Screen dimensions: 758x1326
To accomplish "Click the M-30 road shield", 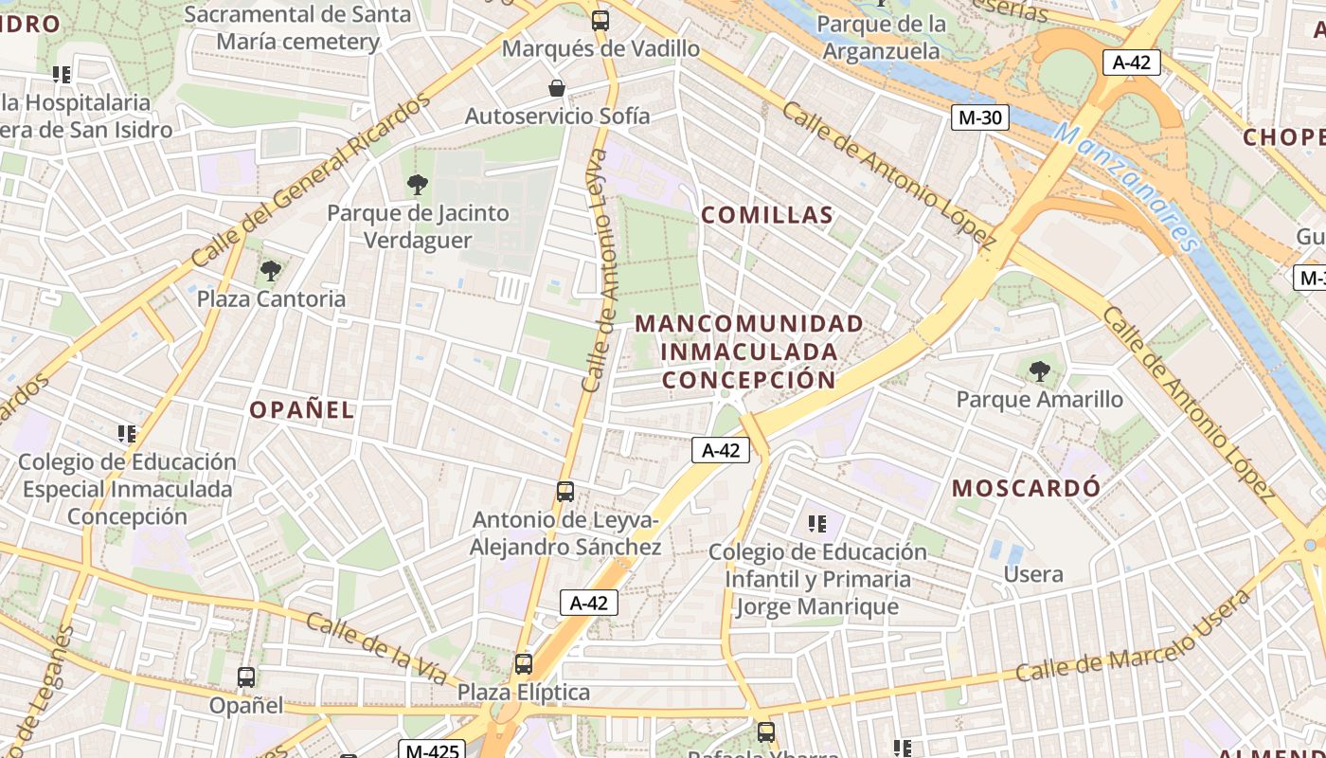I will coord(980,117).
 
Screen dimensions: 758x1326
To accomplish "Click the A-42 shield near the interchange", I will coord(1132,63).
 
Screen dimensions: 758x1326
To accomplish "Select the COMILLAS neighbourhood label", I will coord(767,215).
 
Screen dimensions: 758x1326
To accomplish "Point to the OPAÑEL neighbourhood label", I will coord(302,410).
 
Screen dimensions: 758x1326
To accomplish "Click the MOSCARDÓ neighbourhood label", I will coord(1027,489).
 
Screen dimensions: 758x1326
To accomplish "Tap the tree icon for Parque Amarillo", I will coord(1040,370).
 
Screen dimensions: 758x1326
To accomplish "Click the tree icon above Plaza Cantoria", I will coord(271,271).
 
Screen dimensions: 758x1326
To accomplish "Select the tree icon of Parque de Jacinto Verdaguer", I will coord(417,185).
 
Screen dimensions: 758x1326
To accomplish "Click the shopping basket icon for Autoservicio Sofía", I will coord(558,88).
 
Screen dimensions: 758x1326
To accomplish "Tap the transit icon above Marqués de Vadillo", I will coord(600,20).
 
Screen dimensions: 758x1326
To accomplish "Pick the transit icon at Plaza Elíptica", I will coord(524,663).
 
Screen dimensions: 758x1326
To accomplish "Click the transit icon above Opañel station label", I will coord(246,677).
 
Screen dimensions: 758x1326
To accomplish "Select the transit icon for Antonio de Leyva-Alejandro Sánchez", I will coord(565,491).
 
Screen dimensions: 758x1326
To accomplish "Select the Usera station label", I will coord(1033,574).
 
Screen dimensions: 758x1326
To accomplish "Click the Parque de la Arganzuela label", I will coord(882,37).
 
